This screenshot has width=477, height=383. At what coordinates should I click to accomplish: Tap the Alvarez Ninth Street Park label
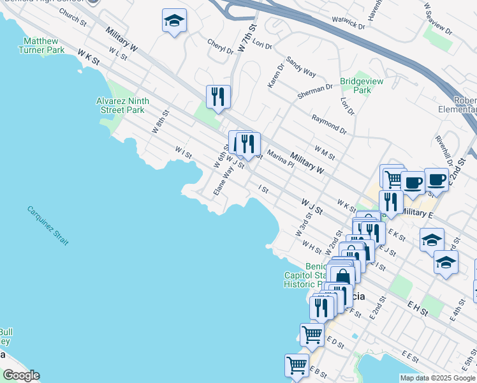(x=122, y=105)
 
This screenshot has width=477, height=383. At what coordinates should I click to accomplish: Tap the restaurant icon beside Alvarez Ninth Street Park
(x=218, y=97)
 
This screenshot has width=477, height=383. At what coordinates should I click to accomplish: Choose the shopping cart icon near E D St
(x=312, y=334)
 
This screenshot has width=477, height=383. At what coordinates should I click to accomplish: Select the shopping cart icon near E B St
(x=297, y=366)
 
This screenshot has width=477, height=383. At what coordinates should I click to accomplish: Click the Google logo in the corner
(x=20, y=375)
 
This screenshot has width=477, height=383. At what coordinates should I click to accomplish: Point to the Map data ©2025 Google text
(x=437, y=378)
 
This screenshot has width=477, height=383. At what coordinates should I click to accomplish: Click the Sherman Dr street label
(x=314, y=92)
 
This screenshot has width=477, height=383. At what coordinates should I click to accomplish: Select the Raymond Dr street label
(x=328, y=124)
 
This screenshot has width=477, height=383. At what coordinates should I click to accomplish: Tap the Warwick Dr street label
(x=348, y=23)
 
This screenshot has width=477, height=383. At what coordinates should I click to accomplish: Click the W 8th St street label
(x=159, y=121)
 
